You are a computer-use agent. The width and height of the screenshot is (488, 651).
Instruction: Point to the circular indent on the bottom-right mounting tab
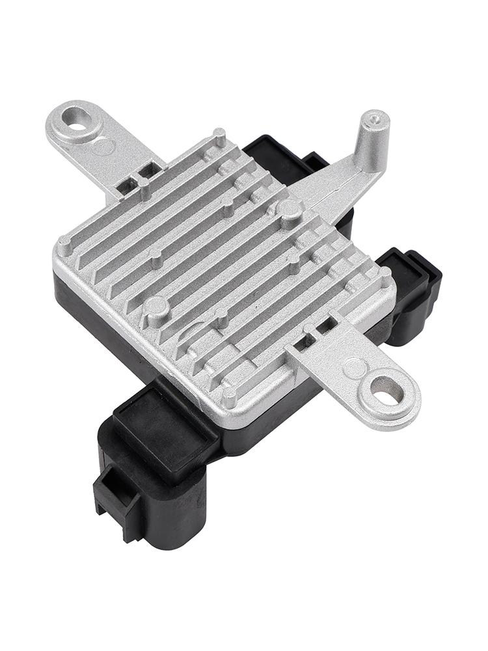coord(355,368)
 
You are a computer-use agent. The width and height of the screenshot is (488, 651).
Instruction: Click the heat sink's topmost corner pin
coord(220,136)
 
